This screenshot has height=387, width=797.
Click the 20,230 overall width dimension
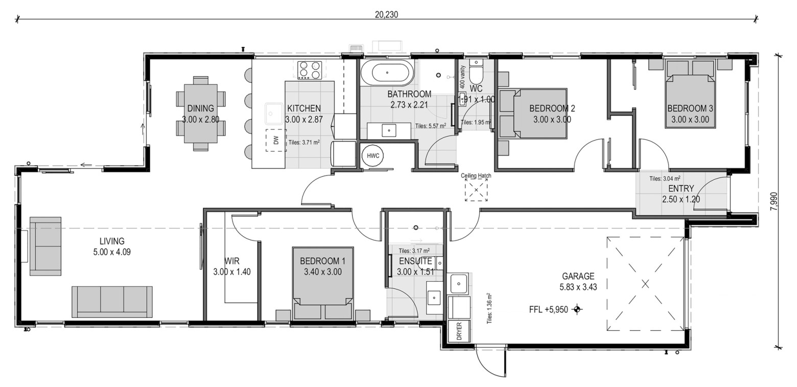click(386, 15)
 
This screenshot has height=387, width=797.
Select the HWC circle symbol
click(373, 155)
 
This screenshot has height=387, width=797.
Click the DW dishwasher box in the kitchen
click(276, 140)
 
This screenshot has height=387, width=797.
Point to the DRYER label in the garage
click(459, 331)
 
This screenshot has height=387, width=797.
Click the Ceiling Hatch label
click(476, 175)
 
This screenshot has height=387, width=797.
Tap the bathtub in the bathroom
click(387, 73)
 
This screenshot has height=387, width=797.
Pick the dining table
click(201, 113)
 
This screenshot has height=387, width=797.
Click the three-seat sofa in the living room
click(112, 302)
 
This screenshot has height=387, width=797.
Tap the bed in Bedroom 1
click(323, 283)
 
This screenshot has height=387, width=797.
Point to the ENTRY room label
click(681, 188)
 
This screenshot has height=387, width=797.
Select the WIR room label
click(231, 261)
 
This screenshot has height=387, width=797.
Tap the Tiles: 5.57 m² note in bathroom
click(431, 126)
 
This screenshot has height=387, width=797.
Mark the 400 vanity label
click(462, 77)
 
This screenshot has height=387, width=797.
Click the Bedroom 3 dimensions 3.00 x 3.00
click(690, 120)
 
